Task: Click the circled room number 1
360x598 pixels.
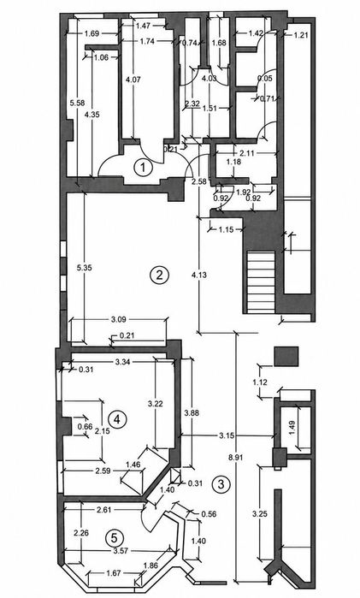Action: [x=144, y=168]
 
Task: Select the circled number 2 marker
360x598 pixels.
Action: [x=159, y=275]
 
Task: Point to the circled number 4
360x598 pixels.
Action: [x=116, y=419]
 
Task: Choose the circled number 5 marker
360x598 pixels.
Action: [x=114, y=538]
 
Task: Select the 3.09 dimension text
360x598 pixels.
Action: [x=119, y=320]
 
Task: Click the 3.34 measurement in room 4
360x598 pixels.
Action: [x=123, y=362]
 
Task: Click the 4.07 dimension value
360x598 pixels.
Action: [x=133, y=80]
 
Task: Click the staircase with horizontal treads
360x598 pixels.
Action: [x=261, y=282]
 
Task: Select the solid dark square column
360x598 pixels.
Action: [x=286, y=356]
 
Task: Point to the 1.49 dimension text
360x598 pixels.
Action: [x=303, y=427]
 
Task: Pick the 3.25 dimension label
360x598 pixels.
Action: [x=260, y=513]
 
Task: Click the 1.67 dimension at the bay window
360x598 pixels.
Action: [x=112, y=572]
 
